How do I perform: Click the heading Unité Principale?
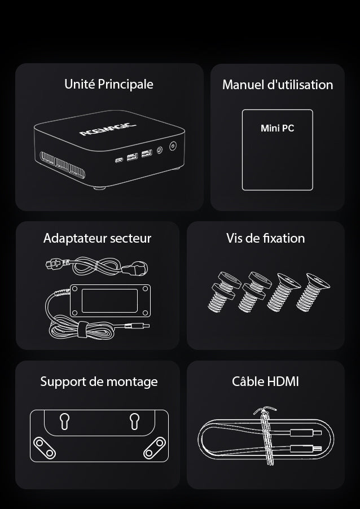[109, 85]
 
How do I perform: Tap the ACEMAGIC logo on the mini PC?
[107, 129]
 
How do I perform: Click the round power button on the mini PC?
[173, 146]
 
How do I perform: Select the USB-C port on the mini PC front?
[119, 160]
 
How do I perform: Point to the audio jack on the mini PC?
[159, 150]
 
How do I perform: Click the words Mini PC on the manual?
[277, 128]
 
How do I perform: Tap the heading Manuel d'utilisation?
[278, 85]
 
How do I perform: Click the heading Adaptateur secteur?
[98, 238]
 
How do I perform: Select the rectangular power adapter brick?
[111, 301]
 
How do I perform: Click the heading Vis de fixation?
[266, 238]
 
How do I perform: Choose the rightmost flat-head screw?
[312, 292]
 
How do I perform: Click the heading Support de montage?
[99, 381]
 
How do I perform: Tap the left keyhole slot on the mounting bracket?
[64, 422]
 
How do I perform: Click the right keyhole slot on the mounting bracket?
[134, 422]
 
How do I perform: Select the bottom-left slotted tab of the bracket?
[45, 448]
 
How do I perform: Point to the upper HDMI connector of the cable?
[305, 433]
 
